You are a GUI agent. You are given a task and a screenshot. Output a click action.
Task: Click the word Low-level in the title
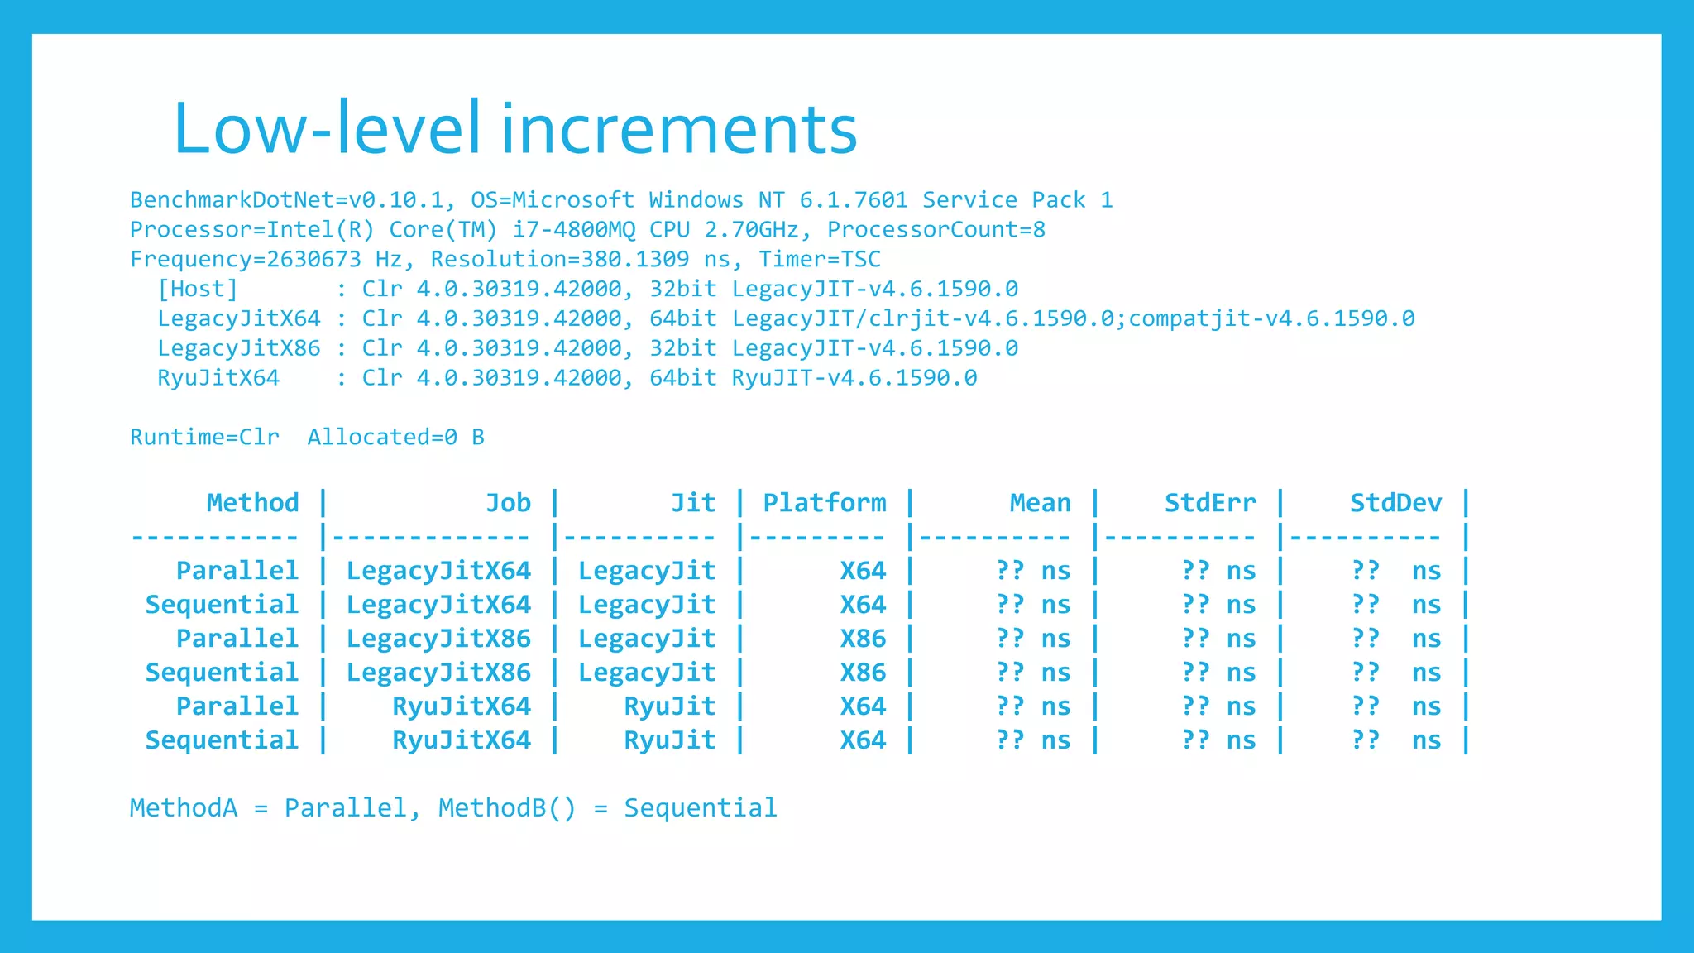click(x=327, y=128)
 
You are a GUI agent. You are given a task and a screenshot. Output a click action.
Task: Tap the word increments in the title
click(x=679, y=128)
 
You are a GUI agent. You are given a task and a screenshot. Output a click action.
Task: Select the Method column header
click(x=252, y=503)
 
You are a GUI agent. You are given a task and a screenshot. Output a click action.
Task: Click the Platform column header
click(x=824, y=503)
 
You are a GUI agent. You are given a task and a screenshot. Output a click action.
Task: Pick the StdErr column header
click(x=1209, y=503)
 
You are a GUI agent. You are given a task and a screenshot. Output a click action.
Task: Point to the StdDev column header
click(x=1395, y=503)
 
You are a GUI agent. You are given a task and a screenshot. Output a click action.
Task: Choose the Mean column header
click(x=1040, y=503)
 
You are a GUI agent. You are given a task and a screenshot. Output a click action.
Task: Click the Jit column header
click(x=692, y=503)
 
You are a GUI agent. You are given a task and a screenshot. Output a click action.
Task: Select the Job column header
click(x=508, y=503)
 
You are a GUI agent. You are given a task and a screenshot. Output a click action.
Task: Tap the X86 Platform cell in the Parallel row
click(x=863, y=639)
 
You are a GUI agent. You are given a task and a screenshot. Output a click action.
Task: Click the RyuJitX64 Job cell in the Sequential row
click(x=461, y=740)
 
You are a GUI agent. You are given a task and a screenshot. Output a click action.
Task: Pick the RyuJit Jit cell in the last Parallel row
click(x=669, y=706)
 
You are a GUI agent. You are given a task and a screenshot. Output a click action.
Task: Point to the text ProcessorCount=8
click(x=936, y=230)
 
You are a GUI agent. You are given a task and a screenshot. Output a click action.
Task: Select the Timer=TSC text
click(x=820, y=260)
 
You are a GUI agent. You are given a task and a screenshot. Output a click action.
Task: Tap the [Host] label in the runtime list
click(x=198, y=290)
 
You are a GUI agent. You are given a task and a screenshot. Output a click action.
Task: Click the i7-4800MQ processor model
click(x=573, y=230)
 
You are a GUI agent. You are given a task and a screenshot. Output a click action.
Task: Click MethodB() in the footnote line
click(x=506, y=808)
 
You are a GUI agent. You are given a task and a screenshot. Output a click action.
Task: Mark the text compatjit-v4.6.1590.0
click(x=1271, y=319)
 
